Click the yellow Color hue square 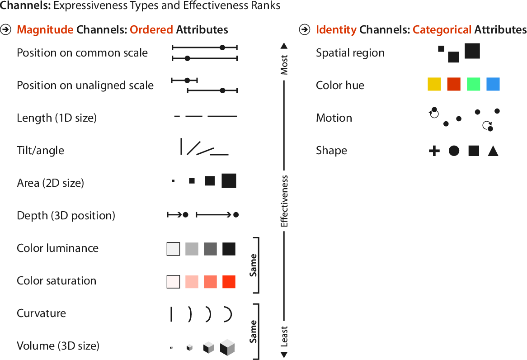pyautogui.click(x=434, y=85)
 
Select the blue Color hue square pyautogui.click(x=493, y=85)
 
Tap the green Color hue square pyautogui.click(x=473, y=85)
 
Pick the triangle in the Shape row pyautogui.click(x=493, y=151)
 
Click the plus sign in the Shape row pyautogui.click(x=434, y=151)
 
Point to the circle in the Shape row pyautogui.click(x=454, y=151)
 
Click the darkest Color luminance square pyautogui.click(x=229, y=249)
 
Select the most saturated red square pyautogui.click(x=229, y=282)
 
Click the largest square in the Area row pyautogui.click(x=229, y=181)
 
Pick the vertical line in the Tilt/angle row pyautogui.click(x=181, y=147)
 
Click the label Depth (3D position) pyautogui.click(x=66, y=216)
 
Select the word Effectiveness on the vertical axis pyautogui.click(x=284, y=201)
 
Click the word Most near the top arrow pyautogui.click(x=284, y=65)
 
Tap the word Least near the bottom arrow pyautogui.click(x=284, y=336)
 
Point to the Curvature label pyautogui.click(x=41, y=313)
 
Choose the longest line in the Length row pyautogui.click(x=222, y=117)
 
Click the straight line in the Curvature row pyautogui.click(x=171, y=314)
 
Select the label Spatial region pyautogui.click(x=350, y=53)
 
